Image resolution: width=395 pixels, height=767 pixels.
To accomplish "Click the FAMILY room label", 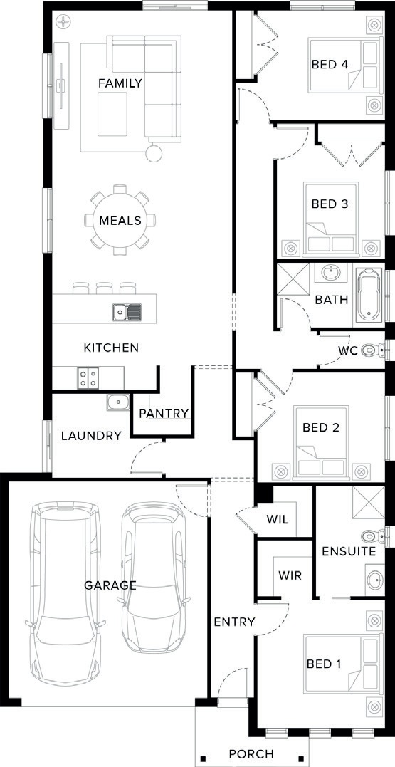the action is pyautogui.click(x=120, y=83).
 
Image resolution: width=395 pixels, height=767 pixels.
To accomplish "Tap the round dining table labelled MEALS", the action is pyautogui.click(x=120, y=220).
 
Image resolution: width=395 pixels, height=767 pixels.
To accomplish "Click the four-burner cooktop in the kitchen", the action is pyautogui.click(x=88, y=377).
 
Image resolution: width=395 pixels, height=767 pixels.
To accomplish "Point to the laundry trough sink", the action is pyautogui.click(x=117, y=402).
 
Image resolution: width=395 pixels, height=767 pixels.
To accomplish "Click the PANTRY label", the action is pyautogui.click(x=164, y=414).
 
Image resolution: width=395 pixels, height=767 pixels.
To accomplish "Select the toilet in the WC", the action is pyautogui.click(x=372, y=350).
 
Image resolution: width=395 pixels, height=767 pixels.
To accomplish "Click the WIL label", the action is pyautogui.click(x=278, y=519).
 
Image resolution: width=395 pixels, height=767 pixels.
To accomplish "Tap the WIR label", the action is pyautogui.click(x=290, y=575).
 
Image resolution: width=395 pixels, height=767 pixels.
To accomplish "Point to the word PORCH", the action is pyautogui.click(x=251, y=753).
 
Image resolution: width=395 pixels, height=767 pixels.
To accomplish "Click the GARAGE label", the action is pyautogui.click(x=110, y=585).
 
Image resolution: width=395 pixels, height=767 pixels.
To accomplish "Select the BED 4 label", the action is pyautogui.click(x=330, y=65).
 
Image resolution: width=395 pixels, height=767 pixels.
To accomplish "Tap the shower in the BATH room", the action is pyautogui.click(x=293, y=280).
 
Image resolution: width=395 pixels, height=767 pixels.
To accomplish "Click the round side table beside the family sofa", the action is pyautogui.click(x=154, y=152).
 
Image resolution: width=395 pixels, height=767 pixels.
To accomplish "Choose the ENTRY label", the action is pyautogui.click(x=235, y=622).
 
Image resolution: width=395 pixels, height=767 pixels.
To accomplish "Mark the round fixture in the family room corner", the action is pyautogui.click(x=63, y=21).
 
